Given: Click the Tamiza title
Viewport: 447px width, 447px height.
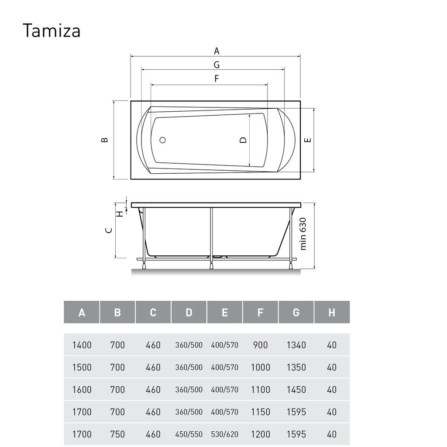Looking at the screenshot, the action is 52,31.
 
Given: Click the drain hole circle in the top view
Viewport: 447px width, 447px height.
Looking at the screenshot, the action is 162,140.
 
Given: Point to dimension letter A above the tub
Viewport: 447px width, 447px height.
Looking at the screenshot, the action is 217,51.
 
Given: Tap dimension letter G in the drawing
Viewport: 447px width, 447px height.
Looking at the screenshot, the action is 217,65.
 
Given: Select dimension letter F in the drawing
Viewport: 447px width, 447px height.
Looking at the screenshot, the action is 217,79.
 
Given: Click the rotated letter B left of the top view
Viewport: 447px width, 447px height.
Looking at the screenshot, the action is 105,140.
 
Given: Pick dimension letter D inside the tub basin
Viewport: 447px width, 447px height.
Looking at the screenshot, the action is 243,140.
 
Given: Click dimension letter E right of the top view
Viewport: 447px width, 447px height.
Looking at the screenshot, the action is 308,140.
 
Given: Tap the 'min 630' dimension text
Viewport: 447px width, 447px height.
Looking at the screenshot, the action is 303,234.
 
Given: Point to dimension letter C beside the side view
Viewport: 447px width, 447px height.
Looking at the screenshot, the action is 109,230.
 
